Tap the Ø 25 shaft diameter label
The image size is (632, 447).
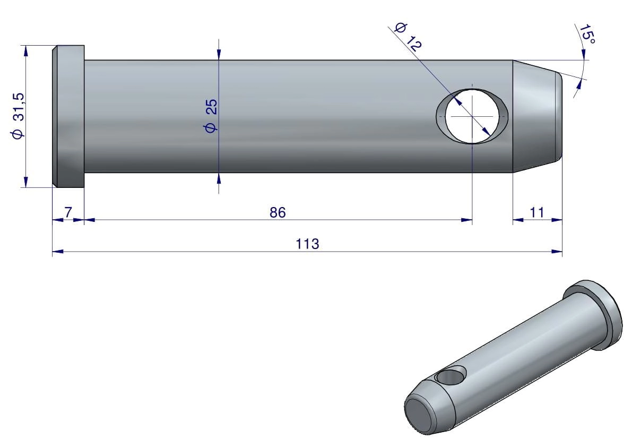211,115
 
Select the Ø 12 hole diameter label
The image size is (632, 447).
408,37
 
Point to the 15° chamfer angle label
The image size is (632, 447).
587,34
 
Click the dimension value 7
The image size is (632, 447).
68,212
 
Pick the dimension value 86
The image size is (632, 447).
278,212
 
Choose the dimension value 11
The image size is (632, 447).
537,212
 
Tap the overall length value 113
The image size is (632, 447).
307,244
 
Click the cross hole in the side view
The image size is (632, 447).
472,116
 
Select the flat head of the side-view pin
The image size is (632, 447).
68,116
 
